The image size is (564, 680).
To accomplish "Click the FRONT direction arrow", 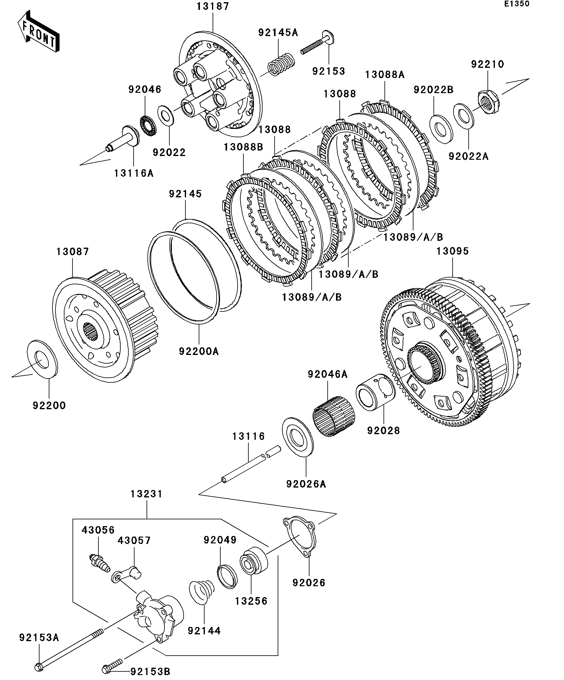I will click(x=38, y=31).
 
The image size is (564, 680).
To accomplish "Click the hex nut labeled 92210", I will click(x=488, y=101).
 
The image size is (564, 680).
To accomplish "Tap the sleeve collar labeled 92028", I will click(x=375, y=392).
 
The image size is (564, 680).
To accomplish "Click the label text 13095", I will click(x=453, y=251).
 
